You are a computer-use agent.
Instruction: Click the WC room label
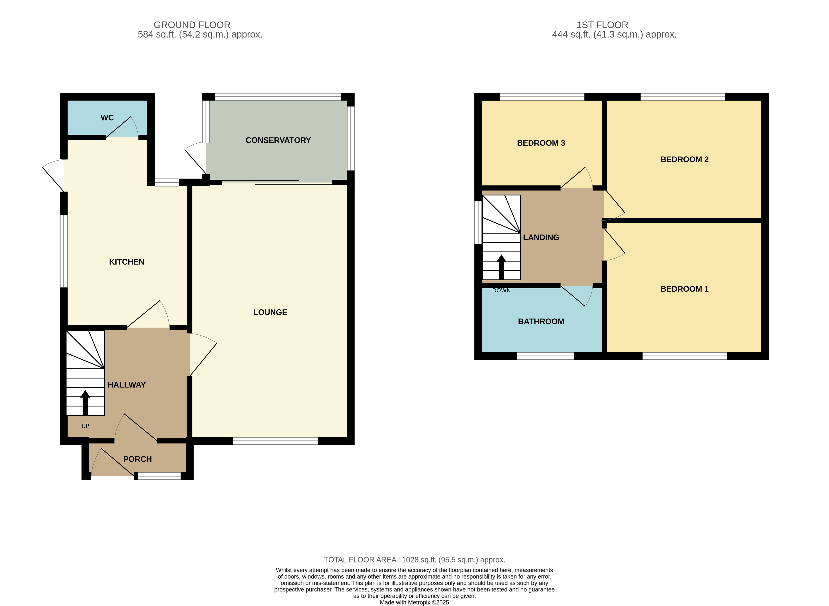click(x=107, y=118)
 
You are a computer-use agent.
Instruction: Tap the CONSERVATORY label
click(x=278, y=140)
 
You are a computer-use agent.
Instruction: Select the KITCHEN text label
click(x=127, y=262)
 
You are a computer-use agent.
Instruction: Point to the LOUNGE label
click(x=270, y=312)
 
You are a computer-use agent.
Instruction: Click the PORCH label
click(x=137, y=459)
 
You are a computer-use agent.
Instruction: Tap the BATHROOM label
click(x=541, y=321)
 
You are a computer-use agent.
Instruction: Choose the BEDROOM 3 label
click(x=541, y=143)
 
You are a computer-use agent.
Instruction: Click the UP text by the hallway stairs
click(x=85, y=426)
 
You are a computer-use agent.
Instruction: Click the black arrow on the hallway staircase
click(x=85, y=402)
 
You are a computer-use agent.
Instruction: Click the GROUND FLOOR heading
click(x=192, y=25)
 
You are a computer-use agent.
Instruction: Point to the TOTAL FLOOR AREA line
click(x=415, y=560)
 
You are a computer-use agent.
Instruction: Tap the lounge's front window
click(x=275, y=441)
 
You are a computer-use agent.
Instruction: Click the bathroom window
click(x=545, y=356)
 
